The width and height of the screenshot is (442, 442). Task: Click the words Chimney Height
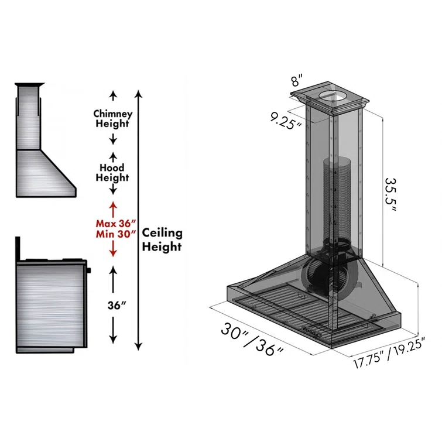113,119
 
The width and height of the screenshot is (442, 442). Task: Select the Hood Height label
113,172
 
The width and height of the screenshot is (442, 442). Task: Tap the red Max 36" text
115,223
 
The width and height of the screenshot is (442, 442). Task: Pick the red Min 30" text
115,234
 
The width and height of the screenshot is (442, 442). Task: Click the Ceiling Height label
162,240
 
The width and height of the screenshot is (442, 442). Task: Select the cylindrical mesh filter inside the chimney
334,196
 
